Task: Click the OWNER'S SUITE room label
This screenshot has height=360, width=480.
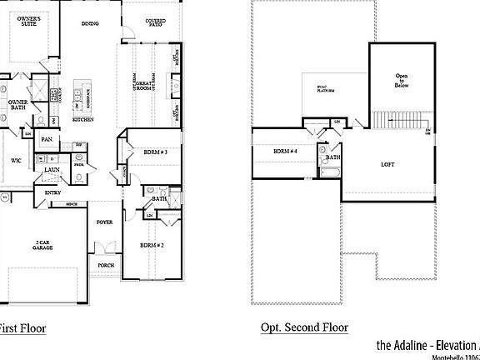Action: coord(30,21)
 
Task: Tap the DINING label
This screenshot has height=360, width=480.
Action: coord(89,24)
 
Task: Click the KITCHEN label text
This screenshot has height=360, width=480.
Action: coord(82,120)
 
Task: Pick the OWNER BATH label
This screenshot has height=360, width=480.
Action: coord(17,105)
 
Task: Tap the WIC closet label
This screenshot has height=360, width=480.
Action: coord(16,160)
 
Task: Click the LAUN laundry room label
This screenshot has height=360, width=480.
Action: coord(52,169)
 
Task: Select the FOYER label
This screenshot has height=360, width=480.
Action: coord(104,222)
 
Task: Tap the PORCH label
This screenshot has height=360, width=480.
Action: coord(106,266)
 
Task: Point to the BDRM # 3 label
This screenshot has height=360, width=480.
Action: coord(156,152)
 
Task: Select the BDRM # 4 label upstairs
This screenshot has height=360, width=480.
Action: coord(285,151)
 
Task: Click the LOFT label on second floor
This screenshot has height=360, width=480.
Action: coord(387,164)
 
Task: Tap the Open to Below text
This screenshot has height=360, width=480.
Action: coord(401,81)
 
